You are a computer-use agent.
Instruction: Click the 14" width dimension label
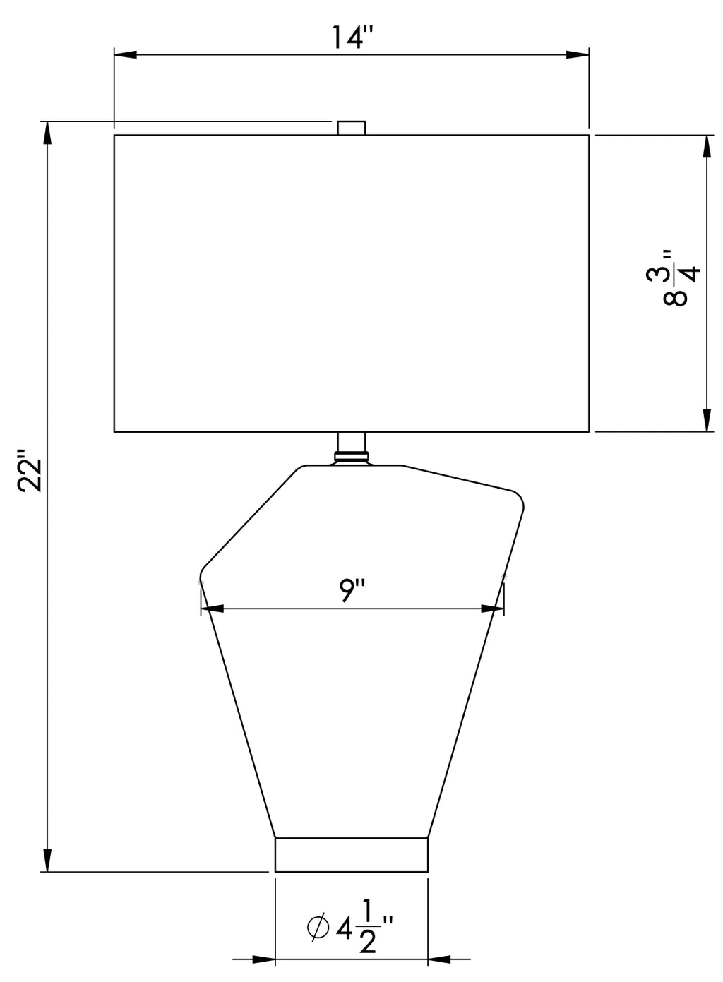coord(352,37)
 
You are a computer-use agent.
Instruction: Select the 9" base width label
coord(352,590)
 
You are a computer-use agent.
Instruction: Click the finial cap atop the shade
coord(351,128)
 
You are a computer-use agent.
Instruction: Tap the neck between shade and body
coord(351,442)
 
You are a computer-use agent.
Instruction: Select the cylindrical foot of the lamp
coord(351,855)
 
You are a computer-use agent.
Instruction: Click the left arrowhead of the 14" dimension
coord(126,55)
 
